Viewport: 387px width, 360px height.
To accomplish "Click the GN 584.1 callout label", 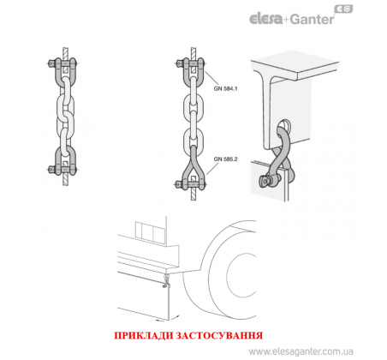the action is [225, 88].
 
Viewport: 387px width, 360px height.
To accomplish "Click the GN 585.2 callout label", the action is [225, 159].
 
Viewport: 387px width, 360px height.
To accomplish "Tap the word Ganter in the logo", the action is [313, 20].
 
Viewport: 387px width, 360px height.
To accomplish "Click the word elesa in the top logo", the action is [265, 19].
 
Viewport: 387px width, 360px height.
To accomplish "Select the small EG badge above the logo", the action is [343, 9].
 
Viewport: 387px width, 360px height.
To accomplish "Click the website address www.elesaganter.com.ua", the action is [301, 351].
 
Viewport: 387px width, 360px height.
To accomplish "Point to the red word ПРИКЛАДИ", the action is [143, 335].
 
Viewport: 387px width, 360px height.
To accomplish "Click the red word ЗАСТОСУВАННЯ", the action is [219, 335].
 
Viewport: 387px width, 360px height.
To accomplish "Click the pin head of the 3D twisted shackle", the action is [264, 181].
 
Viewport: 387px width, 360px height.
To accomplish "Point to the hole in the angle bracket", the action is [285, 125].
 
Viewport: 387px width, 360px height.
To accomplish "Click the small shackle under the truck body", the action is [165, 280].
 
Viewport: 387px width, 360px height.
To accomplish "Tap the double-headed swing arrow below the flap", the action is [168, 319].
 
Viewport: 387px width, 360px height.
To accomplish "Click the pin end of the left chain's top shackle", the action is [51, 63].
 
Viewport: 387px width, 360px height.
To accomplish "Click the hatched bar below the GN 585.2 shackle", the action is [193, 195].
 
